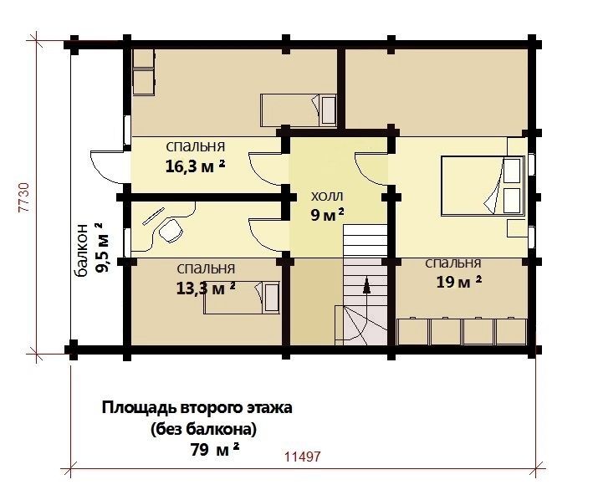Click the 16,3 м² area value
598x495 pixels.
[195, 166]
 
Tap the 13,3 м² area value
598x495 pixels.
[206, 288]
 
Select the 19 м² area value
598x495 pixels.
[459, 283]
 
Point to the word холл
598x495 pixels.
[327, 196]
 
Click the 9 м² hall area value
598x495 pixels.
[327, 215]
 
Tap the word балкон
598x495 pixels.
[82, 249]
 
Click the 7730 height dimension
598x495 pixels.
[23, 196]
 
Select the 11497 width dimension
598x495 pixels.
[303, 457]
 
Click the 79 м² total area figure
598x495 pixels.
[215, 451]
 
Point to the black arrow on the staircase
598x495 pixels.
[366, 286]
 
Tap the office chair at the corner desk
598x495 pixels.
[169, 230]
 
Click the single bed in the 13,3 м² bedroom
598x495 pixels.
[241, 298]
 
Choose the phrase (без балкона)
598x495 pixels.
[204, 430]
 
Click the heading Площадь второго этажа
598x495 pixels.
[197, 408]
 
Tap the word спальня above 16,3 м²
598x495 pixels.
[196, 146]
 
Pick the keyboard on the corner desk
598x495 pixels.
[153, 216]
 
